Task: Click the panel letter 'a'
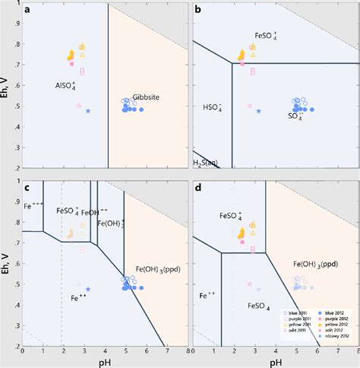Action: [x=28, y=11]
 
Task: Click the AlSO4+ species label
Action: [x=65, y=86]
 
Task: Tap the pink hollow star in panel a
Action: [x=79, y=106]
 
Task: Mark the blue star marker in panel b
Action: [x=259, y=111]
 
